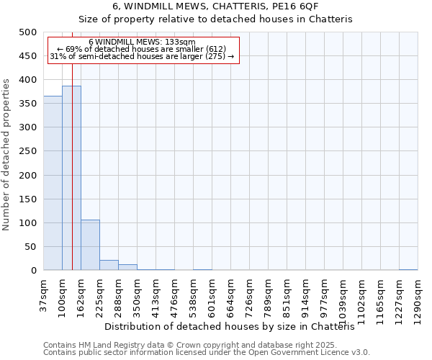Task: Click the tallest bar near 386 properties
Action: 71,179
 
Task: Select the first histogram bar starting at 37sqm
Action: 53,184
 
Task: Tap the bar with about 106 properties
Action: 90,245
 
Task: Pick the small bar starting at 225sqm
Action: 109,265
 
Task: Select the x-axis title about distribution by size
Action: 235,327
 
